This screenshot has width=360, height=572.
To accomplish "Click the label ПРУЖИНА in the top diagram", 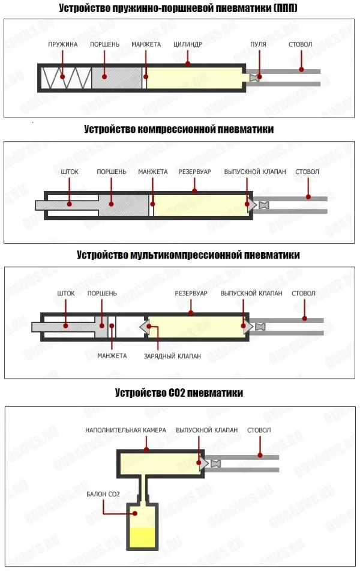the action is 63,44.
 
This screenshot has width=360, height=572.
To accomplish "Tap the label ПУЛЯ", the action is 258,44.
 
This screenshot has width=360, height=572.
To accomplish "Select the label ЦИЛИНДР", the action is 187,44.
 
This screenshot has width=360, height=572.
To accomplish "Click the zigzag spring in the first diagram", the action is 67,77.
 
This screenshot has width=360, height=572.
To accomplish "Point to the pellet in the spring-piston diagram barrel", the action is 254,77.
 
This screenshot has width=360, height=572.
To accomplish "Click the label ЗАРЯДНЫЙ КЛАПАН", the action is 172,356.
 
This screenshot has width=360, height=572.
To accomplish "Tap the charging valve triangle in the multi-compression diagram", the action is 145,327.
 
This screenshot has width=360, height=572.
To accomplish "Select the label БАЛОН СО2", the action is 103,495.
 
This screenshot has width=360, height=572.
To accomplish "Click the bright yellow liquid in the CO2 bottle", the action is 142,537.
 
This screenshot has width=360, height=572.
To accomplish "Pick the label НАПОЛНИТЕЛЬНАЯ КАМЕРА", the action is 125,430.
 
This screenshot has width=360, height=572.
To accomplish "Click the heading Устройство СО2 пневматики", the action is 179,393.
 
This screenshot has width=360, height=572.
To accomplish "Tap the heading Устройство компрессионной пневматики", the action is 179,129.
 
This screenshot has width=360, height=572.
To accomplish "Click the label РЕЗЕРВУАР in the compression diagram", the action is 194,172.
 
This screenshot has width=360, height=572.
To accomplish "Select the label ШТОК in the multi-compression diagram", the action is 65,294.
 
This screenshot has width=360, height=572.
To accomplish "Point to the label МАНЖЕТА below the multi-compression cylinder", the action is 112,356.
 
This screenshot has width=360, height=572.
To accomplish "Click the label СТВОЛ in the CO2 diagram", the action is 259,430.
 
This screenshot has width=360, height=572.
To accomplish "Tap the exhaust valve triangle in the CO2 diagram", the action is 204,463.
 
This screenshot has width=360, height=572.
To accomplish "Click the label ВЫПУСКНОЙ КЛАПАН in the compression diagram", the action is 255,172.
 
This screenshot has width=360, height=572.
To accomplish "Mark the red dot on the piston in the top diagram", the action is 104,77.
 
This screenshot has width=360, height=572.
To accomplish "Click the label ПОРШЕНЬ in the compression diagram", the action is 111,172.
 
